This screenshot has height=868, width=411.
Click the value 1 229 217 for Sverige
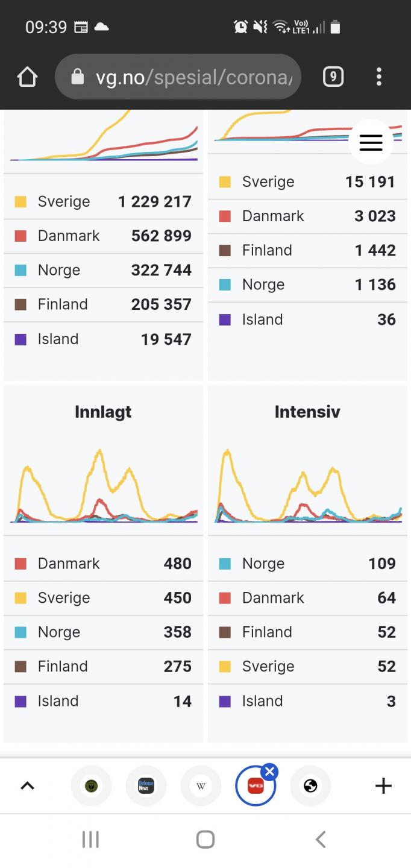154,201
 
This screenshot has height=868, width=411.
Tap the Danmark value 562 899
161,236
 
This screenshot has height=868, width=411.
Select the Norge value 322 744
161,270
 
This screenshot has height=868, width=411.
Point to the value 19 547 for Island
166,339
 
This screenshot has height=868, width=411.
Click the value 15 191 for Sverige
370,181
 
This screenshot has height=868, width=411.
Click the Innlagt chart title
103,412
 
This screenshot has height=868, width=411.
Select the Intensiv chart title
307,412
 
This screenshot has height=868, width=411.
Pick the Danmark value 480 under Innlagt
177,564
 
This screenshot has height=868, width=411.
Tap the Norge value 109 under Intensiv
382,564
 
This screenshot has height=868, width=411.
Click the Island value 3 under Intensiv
391,701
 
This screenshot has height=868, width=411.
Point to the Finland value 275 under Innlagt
177,666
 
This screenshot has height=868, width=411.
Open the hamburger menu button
371,142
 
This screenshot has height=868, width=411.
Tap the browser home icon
28,77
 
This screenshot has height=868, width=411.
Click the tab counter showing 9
333,77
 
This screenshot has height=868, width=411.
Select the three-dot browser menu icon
378,77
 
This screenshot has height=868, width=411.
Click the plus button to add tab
383,785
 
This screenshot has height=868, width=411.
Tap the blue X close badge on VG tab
269,771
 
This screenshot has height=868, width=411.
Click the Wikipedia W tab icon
201,785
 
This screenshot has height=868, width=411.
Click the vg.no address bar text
193,77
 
